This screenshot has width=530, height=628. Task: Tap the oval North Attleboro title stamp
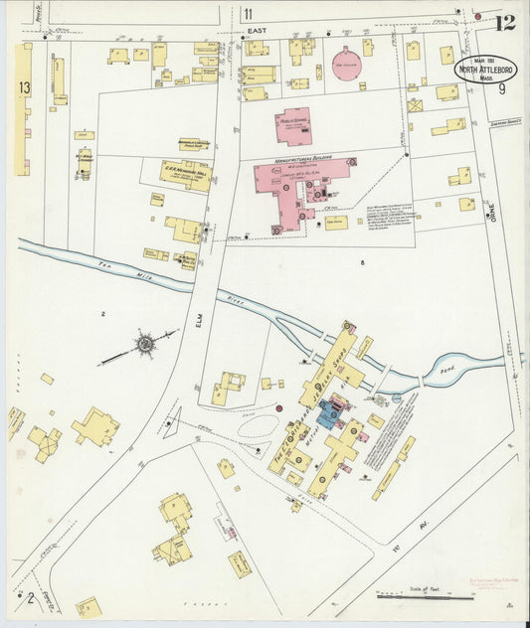pyautogui.click(x=486, y=70)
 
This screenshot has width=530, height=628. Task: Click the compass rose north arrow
pyautogui.click(x=145, y=345)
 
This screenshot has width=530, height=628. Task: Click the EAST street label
pyautogui.click(x=259, y=33)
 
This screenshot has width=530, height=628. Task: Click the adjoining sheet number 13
pyautogui.click(x=23, y=89)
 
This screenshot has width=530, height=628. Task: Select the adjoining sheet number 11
pyautogui.click(x=247, y=14)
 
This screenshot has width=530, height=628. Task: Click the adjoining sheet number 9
pyautogui.click(x=503, y=90)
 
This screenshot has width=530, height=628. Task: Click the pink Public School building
pyautogui.click(x=293, y=126)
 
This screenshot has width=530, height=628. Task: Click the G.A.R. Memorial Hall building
pyautogui.click(x=185, y=175)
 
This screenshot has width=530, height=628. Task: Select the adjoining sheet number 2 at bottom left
pyautogui.click(x=31, y=597)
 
